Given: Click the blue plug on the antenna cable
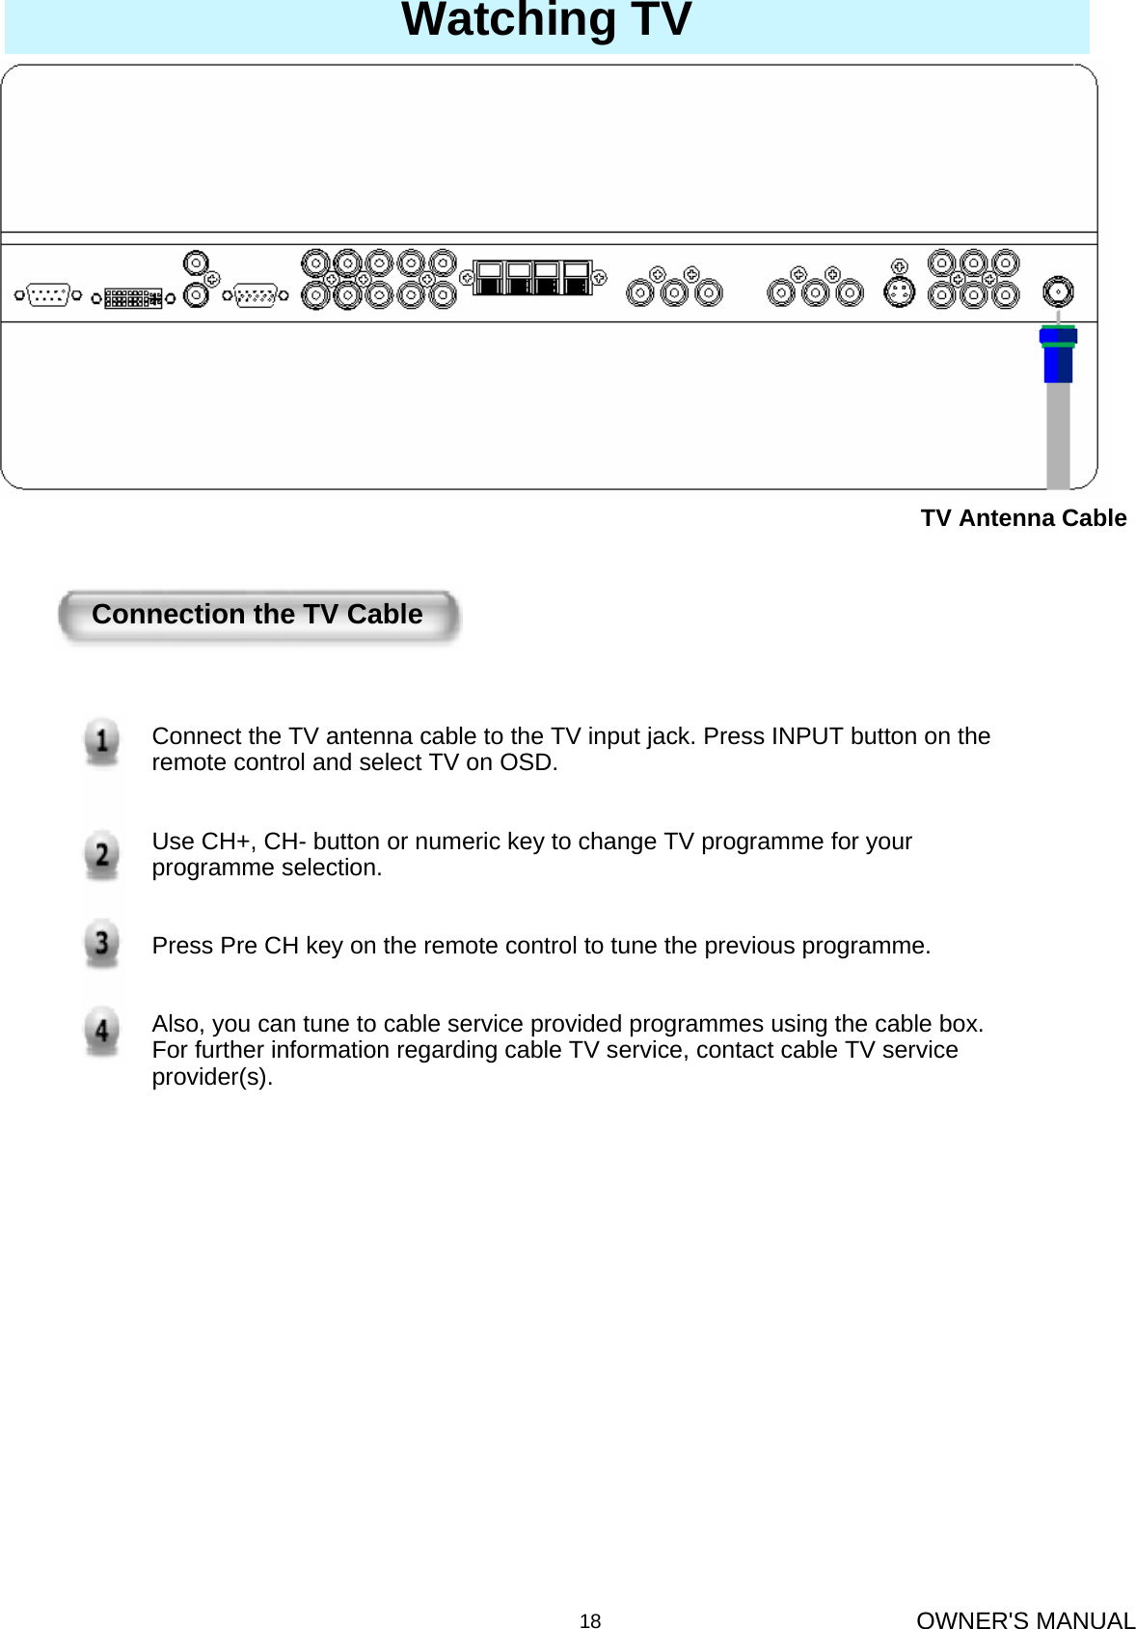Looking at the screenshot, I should [1058, 354].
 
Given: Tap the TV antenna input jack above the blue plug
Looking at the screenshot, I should [1058, 290].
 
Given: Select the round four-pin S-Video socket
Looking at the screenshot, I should [899, 292].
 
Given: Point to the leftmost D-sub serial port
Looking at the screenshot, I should [47, 295].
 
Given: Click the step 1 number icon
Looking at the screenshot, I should [101, 743].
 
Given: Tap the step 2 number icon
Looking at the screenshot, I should [101, 855].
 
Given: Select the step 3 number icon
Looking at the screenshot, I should [101, 943].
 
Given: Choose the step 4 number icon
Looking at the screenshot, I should [101, 1031].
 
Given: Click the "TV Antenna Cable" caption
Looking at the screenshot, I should [1023, 518].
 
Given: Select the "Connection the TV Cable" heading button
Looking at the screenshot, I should [257, 616].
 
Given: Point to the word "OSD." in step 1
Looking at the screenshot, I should [528, 762].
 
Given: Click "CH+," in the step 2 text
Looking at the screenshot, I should [230, 842].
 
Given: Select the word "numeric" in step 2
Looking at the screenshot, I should [426, 842].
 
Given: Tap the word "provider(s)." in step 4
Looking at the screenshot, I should [212, 1077].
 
